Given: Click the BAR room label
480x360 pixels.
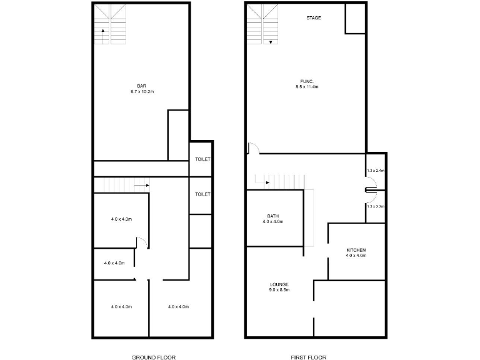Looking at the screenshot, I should point(141,86).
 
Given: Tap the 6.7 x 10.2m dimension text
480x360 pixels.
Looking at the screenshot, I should point(141,92).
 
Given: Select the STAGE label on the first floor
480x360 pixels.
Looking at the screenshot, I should point(314,18).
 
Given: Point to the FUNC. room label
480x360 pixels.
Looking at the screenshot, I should point(307,81).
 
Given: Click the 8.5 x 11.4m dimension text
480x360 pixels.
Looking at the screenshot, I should point(307,87).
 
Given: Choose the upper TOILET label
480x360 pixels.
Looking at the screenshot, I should point(202,159).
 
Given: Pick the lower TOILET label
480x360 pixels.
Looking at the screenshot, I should point(202,194).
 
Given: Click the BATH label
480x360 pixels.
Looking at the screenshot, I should point(272,216).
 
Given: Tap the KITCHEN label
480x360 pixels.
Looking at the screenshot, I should point(356,250).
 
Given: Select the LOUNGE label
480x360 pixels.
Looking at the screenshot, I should point(279,284).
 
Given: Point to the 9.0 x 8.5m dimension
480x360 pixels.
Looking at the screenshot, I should point(279,291).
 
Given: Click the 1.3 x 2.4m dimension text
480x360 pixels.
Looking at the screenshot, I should point(376,171).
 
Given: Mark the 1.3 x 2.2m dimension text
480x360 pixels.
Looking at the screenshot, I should point(376,206).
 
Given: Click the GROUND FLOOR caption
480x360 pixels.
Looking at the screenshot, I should point(154,357).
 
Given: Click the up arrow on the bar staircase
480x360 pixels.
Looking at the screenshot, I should point(102,35).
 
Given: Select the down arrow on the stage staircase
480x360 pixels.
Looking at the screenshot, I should point(271,42).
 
